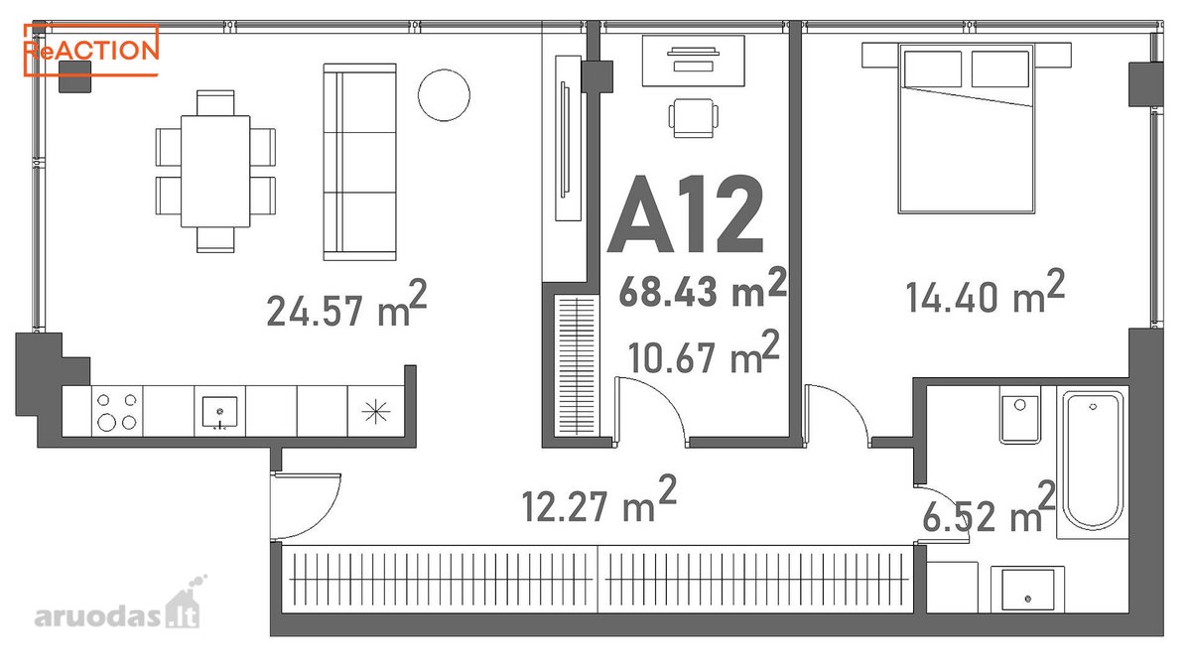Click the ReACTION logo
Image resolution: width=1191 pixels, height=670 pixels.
pyautogui.click(x=91, y=50)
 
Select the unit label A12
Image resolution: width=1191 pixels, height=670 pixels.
pyautogui.click(x=686, y=213)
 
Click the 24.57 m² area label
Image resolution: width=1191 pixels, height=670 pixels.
pyautogui.click(x=346, y=304)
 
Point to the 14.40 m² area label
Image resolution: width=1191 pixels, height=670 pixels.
pyautogui.click(x=986, y=292)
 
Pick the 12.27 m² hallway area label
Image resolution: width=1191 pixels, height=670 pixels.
pyautogui.click(x=598, y=499)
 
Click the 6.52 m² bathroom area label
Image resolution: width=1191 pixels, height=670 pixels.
pyautogui.click(x=989, y=508)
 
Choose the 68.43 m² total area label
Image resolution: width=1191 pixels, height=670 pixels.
pyautogui.click(x=703, y=288)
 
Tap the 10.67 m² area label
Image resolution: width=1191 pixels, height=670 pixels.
pyautogui.click(x=704, y=351)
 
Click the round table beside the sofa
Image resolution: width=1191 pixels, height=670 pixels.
pyautogui.click(x=444, y=95)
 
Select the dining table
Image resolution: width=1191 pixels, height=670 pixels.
pyautogui.click(x=215, y=171)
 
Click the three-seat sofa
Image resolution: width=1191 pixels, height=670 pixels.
pyautogui.click(x=360, y=162)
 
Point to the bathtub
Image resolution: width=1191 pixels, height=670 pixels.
pyautogui.click(x=1093, y=461)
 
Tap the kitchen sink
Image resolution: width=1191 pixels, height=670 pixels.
pyautogui.click(x=220, y=412)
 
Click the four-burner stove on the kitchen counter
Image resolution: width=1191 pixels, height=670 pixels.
pyautogui.click(x=117, y=412)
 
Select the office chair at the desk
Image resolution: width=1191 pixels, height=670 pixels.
pyautogui.click(x=694, y=118)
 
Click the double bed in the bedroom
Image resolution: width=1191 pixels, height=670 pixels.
pyautogui.click(x=966, y=128)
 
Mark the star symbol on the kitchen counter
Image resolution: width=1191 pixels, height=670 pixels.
pyautogui.click(x=376, y=411)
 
